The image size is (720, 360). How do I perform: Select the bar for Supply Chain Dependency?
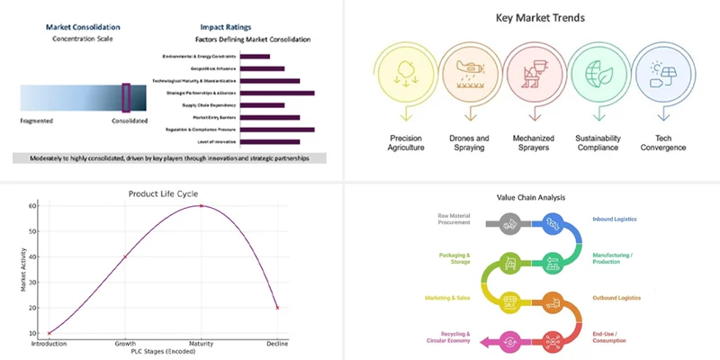(260, 105)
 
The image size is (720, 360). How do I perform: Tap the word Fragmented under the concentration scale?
(37, 119)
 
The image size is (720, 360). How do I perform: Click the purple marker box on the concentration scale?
(126, 97)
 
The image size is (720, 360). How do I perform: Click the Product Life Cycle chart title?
(163, 193)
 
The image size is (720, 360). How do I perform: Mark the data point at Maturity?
(201, 206)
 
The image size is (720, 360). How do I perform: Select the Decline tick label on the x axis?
(277, 344)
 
